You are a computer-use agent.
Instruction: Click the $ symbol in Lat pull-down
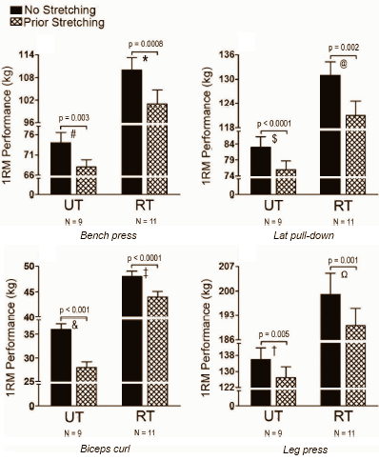(274, 139)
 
